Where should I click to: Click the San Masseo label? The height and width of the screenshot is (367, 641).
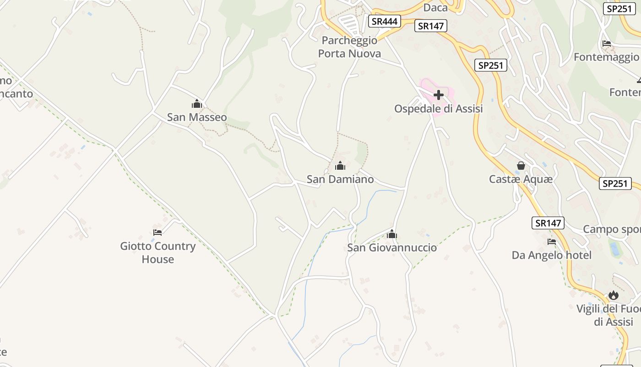tap(196, 117)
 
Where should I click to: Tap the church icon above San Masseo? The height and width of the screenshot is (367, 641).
tap(197, 104)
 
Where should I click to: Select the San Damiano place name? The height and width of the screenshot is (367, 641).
tap(340, 179)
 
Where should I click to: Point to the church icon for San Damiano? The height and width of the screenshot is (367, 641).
tap(340, 166)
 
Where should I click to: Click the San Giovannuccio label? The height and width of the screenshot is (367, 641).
tap(392, 248)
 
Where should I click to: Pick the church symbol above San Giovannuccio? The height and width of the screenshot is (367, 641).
tap(392, 234)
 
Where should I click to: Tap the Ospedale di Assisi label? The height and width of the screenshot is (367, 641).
tap(439, 109)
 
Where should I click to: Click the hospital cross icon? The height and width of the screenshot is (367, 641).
tap(439, 95)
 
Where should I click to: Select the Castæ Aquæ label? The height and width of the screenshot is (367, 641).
tap(521, 179)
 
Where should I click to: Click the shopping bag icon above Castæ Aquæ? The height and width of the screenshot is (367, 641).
tap(521, 166)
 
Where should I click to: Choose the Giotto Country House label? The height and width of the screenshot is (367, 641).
tap(158, 252)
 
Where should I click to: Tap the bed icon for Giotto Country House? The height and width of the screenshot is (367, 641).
tap(158, 233)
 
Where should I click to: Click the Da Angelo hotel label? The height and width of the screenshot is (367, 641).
tap(552, 255)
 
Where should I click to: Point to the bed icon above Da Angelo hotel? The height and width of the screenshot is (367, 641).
tap(552, 242)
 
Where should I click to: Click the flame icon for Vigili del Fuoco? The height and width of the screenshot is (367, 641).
tap(614, 295)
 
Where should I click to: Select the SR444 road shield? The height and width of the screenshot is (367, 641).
tap(385, 21)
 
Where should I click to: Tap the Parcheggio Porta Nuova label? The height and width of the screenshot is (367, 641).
tap(349, 47)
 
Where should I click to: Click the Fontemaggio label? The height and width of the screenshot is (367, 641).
tap(606, 57)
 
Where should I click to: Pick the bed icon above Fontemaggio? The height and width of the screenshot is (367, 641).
tap(607, 44)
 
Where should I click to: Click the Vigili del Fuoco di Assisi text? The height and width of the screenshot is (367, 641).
tap(608, 315)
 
